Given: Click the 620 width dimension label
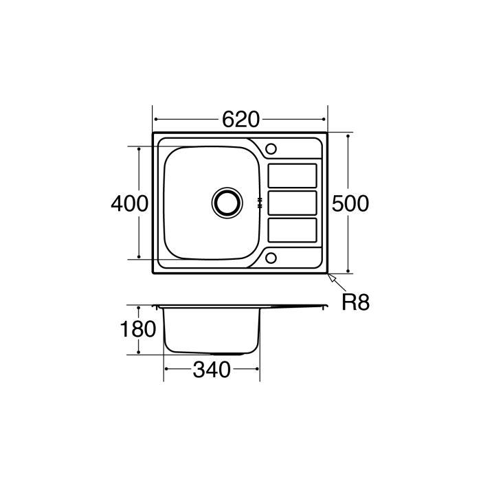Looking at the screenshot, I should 240,120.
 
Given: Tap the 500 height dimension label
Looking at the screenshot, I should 350,203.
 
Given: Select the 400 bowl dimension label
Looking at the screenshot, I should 129,203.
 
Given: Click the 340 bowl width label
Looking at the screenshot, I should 211,370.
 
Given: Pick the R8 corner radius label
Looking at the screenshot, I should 356,302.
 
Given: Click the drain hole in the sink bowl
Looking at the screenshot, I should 227,202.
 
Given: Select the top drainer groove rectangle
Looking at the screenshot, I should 291,175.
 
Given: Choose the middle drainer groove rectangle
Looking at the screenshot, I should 291,203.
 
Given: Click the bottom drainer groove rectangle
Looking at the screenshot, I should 291,230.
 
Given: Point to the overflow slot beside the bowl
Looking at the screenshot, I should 260,203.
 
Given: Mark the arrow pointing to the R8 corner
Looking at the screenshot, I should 334,278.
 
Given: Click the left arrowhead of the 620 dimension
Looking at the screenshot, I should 155,120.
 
